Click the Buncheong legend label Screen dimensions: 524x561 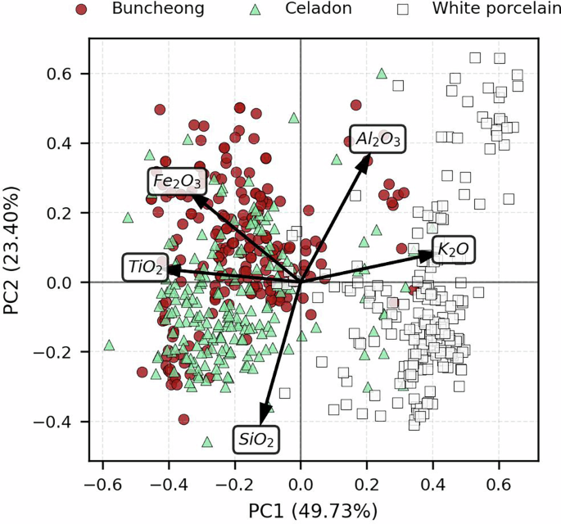(x=147, y=10)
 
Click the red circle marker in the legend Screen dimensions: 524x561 (x=80, y=10)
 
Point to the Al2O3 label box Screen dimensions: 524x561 (x=378, y=139)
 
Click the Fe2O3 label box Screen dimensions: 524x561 (x=177, y=180)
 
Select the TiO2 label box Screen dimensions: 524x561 (x=147, y=267)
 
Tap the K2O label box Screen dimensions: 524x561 (x=453, y=249)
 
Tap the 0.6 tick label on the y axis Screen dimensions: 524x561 (x=64, y=74)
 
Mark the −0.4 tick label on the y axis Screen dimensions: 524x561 (x=58, y=422)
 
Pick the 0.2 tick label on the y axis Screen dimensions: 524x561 (x=64, y=213)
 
